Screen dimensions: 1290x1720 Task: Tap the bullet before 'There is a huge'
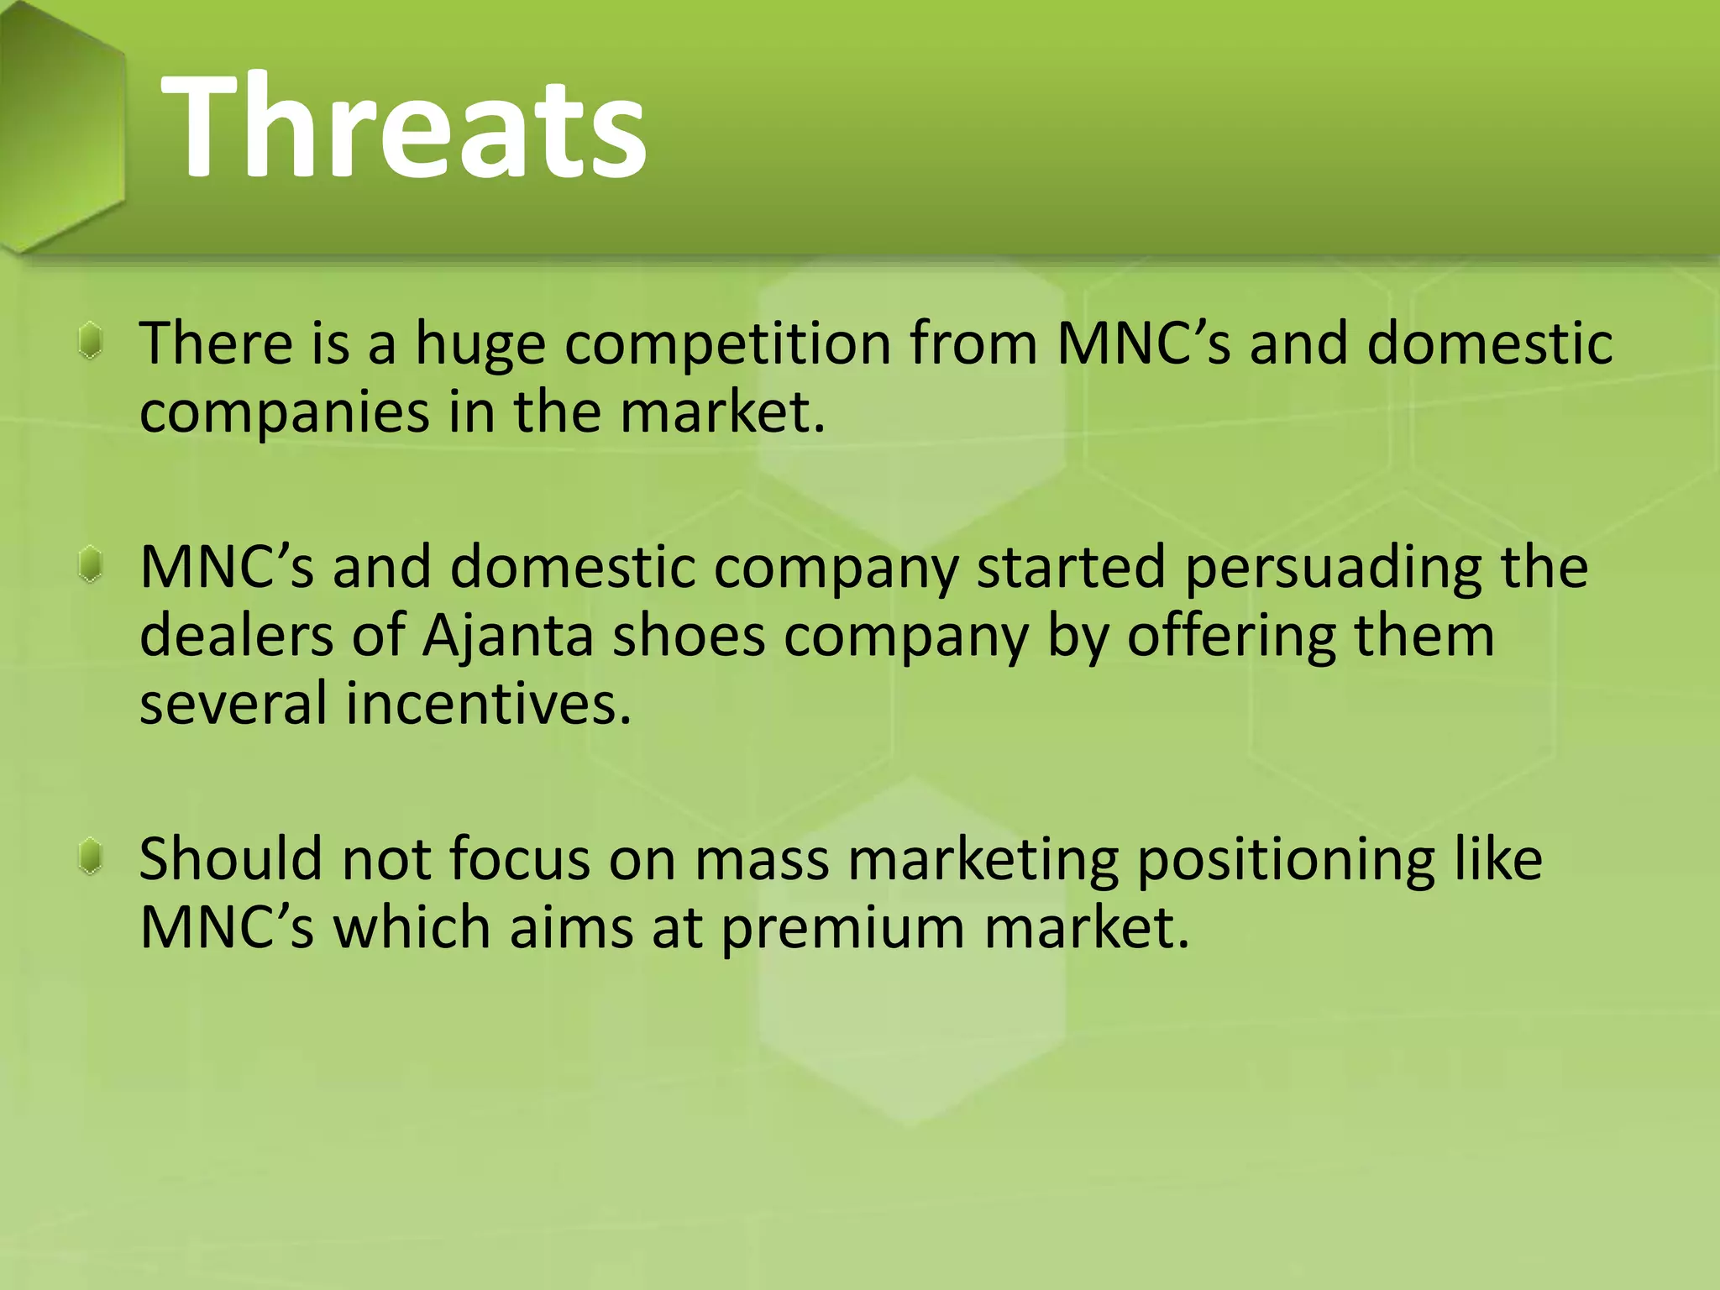click(x=91, y=342)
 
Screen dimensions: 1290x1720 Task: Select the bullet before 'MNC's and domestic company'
click(x=91, y=564)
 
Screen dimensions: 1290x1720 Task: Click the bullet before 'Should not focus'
click(x=91, y=857)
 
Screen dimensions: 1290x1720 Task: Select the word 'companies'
click(x=284, y=413)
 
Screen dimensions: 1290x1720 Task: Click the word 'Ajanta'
click(x=507, y=637)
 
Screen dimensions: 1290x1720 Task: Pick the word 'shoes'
click(x=689, y=637)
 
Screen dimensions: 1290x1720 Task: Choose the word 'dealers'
click(x=236, y=637)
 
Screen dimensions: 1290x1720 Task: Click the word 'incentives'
click(x=488, y=704)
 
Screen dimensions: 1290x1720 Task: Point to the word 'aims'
click(x=571, y=929)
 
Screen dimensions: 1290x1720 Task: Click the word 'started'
click(x=1071, y=569)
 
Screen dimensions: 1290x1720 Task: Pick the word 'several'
click(x=233, y=704)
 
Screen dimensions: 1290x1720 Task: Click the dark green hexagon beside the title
click(x=60, y=126)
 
